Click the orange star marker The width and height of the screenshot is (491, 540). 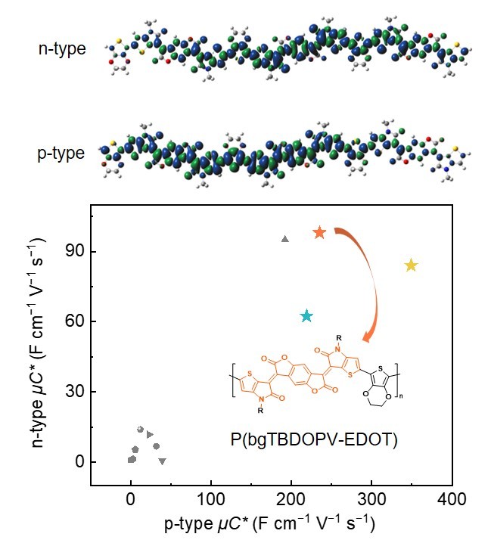coord(319,232)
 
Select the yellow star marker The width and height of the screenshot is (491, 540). coord(411,265)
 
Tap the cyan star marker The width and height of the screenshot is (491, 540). coord(306,315)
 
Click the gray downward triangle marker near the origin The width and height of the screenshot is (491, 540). coord(162,461)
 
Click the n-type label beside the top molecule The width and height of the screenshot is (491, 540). coord(61,49)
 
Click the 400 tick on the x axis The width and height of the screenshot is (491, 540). coord(451,500)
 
